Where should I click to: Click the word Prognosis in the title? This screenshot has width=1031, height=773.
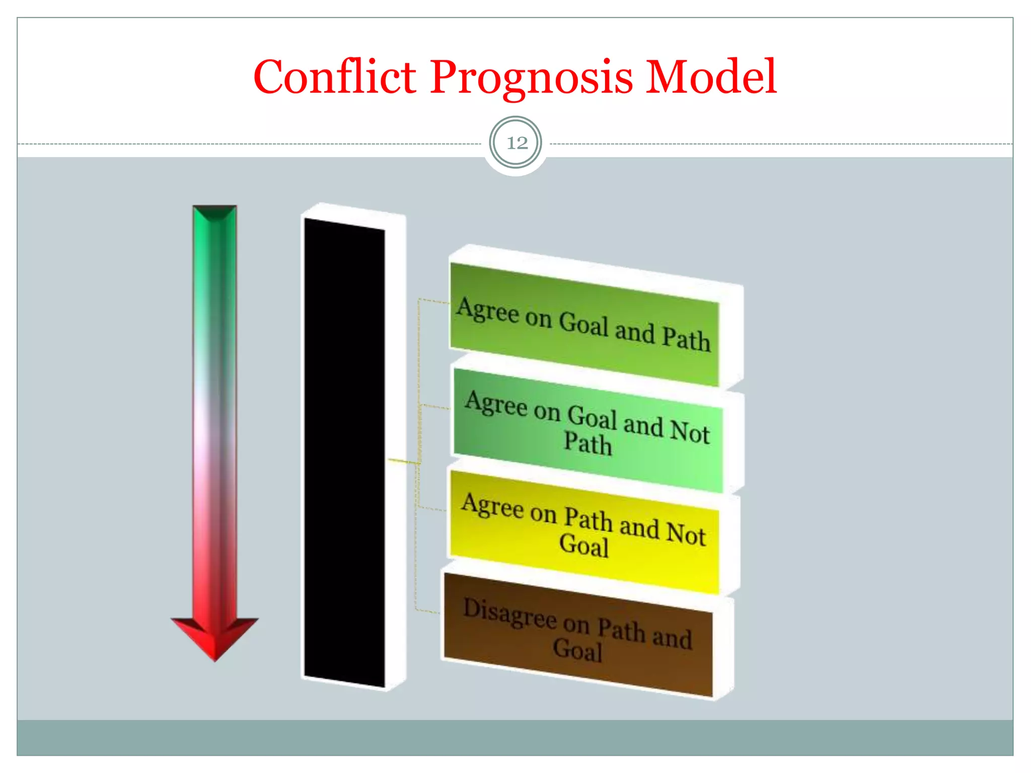tap(531, 78)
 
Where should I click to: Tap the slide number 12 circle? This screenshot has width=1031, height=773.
tap(516, 143)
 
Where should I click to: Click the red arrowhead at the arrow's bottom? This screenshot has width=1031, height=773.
tap(215, 637)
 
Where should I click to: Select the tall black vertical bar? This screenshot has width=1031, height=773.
tap(344, 453)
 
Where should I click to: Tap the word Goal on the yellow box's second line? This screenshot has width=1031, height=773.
tap(584, 546)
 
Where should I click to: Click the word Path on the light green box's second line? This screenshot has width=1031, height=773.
tap(587, 443)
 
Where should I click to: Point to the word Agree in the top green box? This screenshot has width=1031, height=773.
tap(487, 311)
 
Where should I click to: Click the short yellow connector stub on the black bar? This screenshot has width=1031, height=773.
tap(403, 461)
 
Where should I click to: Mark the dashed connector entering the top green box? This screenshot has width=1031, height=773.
tap(433, 301)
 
